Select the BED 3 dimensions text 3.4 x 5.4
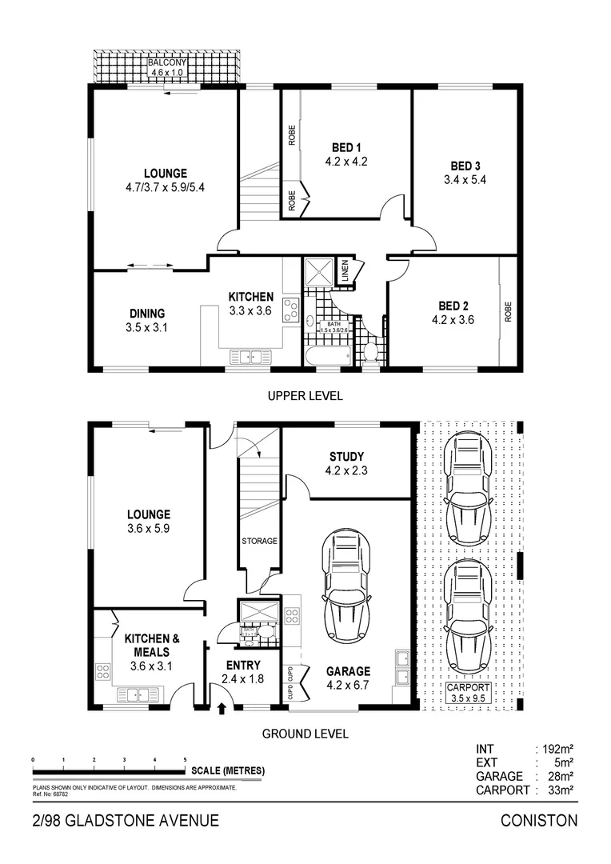point(465,180)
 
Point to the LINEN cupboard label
point(343,270)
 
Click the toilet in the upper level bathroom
point(369,353)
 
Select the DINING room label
point(147,313)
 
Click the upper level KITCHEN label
point(250,297)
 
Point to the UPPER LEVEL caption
point(305,396)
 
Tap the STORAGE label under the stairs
point(259,541)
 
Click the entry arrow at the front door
point(222,708)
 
